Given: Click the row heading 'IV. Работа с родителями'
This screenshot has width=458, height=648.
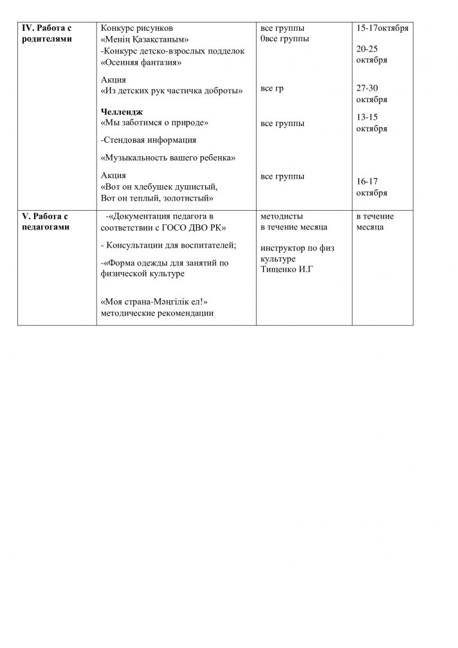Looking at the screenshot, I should (48, 33).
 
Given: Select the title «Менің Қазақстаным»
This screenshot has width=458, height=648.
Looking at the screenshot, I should (145, 39).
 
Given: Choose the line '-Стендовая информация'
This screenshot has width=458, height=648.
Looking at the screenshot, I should (149, 139).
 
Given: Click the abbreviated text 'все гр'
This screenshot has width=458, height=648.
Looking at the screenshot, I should (271, 89).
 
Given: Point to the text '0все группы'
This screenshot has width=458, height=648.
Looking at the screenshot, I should (283, 39).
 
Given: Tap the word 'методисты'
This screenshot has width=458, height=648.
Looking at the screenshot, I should (282, 217).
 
